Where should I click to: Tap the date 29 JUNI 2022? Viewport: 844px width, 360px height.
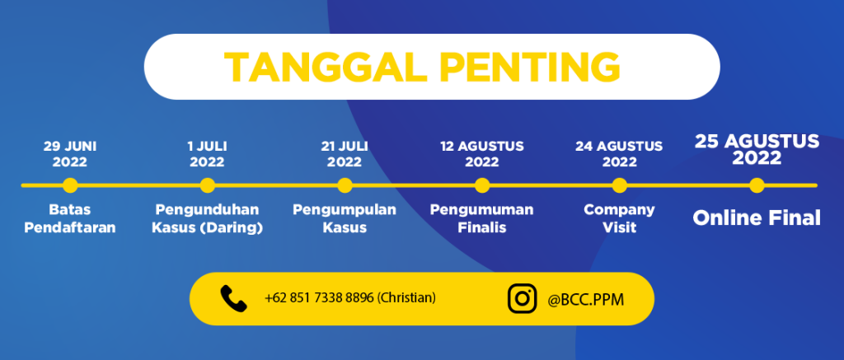(x=70, y=154)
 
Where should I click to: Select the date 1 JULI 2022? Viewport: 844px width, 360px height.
(x=207, y=154)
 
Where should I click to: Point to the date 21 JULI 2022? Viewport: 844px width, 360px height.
(x=345, y=154)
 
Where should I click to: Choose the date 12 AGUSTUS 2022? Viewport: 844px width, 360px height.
(x=482, y=154)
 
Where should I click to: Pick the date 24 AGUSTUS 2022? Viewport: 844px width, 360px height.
(x=620, y=154)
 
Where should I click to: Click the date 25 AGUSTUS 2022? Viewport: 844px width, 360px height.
(x=757, y=150)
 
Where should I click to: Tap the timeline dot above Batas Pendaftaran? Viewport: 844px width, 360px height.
(x=70, y=185)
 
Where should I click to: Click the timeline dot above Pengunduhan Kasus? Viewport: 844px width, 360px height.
(x=207, y=185)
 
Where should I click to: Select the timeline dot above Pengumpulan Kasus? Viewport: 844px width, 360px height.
(x=345, y=185)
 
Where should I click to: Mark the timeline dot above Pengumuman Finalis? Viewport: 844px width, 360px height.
(x=482, y=185)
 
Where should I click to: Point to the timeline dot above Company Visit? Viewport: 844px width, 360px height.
(x=620, y=185)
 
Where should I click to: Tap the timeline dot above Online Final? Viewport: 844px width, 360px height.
(x=757, y=185)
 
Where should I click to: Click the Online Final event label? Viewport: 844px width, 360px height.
(x=757, y=218)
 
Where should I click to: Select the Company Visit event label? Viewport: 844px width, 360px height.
(x=620, y=218)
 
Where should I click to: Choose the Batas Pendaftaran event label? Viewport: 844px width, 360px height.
(x=70, y=218)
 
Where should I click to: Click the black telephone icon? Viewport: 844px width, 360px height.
(x=233, y=299)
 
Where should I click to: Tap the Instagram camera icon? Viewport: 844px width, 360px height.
(x=522, y=299)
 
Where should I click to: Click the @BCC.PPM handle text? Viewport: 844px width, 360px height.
(x=586, y=300)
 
